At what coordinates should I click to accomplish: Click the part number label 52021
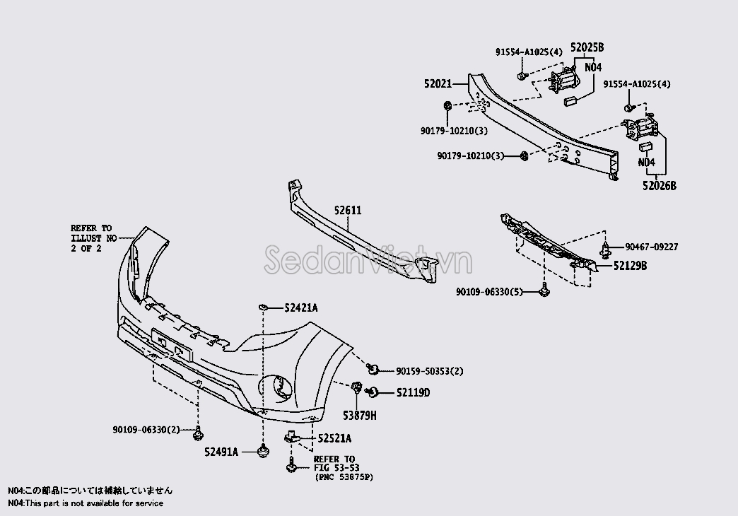pos(438,84)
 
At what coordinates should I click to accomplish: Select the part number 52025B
pos(587,47)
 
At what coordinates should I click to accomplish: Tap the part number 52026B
pos(660,186)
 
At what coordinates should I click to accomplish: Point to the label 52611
pos(348,210)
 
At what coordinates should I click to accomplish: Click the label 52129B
pos(630,266)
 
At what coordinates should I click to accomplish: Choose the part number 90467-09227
pos(651,247)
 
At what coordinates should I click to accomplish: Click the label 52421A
pos(300,308)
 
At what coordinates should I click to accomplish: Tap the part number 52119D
pos(413,392)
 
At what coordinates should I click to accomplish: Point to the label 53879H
pos(360,416)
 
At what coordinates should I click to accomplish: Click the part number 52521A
pos(334,438)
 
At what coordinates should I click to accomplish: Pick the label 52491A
pos(221,452)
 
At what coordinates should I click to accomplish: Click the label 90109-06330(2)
pos(146,429)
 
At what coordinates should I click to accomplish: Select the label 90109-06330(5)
pos(489,292)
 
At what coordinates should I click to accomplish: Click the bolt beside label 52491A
pos(263,452)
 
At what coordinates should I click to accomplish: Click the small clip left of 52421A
pos(264,307)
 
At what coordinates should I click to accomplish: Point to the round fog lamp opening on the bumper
pos(276,388)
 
